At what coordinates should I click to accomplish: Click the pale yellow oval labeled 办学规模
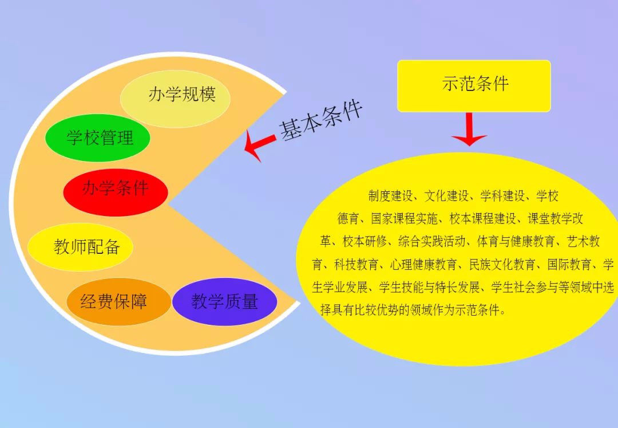(x=175, y=99)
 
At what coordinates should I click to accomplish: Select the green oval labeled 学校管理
(x=98, y=138)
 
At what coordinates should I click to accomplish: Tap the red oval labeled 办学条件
(x=116, y=192)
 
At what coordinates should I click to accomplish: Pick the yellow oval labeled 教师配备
(x=81, y=247)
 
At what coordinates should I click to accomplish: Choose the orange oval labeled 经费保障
(x=118, y=302)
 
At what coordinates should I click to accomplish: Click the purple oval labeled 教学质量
(x=225, y=302)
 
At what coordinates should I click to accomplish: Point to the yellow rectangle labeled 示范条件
(x=474, y=86)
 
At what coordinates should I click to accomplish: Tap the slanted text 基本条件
(x=320, y=120)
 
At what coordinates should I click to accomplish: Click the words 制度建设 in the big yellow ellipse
(x=390, y=195)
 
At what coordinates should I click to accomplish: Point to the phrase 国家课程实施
(x=404, y=218)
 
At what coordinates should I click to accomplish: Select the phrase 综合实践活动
(x=431, y=241)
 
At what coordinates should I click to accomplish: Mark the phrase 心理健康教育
(x=423, y=264)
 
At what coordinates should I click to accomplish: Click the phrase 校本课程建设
(x=483, y=218)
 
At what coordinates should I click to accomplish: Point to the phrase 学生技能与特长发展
(x=429, y=287)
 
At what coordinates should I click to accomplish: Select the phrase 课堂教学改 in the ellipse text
(x=555, y=218)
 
